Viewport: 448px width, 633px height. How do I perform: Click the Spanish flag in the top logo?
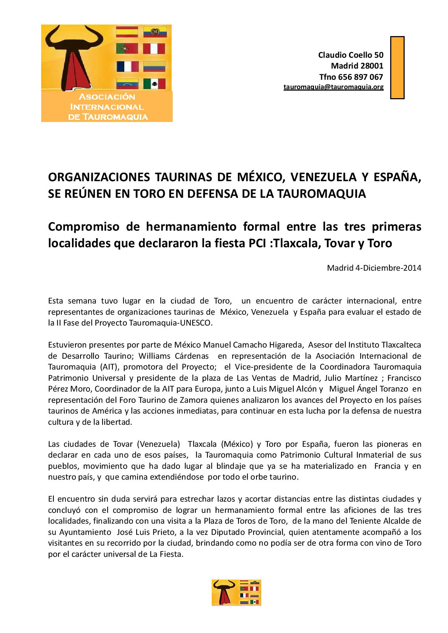pos(127,32)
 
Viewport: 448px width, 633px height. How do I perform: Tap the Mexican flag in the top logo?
pos(154,84)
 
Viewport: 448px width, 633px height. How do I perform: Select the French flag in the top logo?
pos(128,66)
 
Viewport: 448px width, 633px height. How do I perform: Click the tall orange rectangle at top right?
pos(397,67)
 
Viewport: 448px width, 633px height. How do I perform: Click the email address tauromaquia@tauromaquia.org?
pos(333,87)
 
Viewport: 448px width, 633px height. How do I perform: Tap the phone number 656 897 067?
pos(361,77)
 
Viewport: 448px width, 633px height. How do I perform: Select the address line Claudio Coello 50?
pos(350,55)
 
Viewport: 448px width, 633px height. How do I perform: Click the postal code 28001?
pos(372,66)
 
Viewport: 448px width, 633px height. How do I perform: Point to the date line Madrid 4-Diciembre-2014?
pos(374,268)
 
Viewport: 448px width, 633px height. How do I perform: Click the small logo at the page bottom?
pos(236,592)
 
